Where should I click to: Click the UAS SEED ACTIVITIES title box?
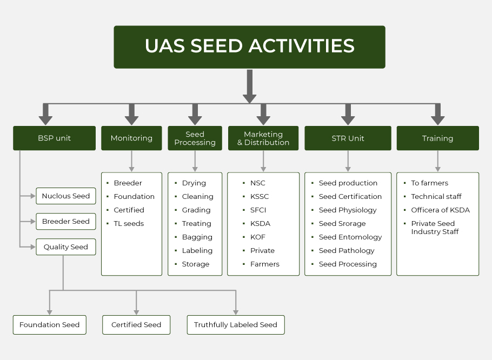(x=249, y=47)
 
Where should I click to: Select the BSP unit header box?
(x=54, y=138)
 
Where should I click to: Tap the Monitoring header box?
(x=131, y=138)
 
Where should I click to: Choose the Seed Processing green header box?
(x=195, y=138)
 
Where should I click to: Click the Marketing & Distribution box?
(x=263, y=138)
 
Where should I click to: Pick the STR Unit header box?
(x=348, y=138)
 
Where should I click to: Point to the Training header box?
(x=438, y=138)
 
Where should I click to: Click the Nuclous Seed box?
(x=66, y=196)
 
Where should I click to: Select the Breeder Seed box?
(x=66, y=222)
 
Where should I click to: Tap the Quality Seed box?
(x=66, y=247)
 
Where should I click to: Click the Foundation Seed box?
(x=50, y=324)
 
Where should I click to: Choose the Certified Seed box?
(x=136, y=324)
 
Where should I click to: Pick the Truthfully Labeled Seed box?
(x=236, y=324)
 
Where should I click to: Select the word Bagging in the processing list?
(x=197, y=237)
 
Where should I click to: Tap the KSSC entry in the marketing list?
(x=260, y=197)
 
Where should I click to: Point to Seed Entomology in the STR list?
(x=350, y=237)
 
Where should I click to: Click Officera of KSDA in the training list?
(x=440, y=210)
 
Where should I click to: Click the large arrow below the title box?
(x=249, y=86)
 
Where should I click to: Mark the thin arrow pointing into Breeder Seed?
(x=28, y=222)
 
